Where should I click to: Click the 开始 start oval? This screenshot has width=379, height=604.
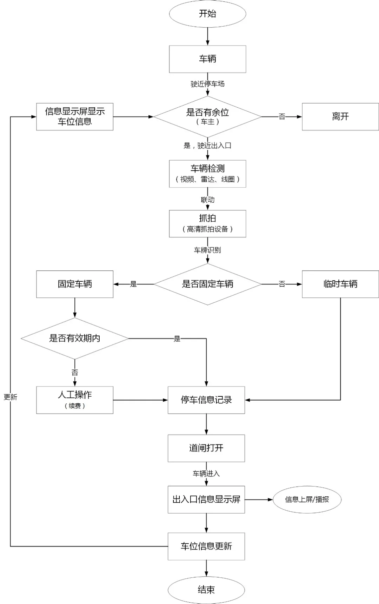(x=207, y=14)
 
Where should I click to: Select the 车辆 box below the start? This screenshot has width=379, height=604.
(x=207, y=59)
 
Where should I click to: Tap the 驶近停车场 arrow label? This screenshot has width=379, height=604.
(x=207, y=84)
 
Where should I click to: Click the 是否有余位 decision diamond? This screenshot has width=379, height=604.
(x=207, y=116)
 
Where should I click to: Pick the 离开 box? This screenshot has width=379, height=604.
(x=340, y=116)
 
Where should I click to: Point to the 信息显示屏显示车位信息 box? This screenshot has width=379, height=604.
(x=75, y=116)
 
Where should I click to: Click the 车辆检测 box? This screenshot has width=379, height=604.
(x=207, y=174)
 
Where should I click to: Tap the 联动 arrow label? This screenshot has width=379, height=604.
(x=207, y=200)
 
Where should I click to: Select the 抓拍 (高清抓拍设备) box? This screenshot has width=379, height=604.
(x=207, y=223)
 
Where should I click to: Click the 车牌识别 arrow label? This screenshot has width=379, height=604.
(x=207, y=250)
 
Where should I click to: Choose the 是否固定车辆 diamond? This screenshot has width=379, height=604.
(x=207, y=284)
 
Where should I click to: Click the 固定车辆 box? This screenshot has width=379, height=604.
(x=75, y=284)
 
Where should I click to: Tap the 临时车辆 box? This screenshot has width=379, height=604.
(x=340, y=284)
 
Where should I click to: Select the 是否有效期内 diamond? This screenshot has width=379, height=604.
(x=75, y=338)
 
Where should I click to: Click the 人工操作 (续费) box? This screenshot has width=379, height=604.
(x=75, y=400)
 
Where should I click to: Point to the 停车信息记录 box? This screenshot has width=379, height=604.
(x=206, y=400)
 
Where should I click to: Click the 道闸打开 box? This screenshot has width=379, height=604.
(x=206, y=448)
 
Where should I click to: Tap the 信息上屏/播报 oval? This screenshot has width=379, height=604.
(x=307, y=499)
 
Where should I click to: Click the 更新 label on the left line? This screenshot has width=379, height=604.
(x=11, y=397)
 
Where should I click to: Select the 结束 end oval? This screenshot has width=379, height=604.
(x=206, y=590)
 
